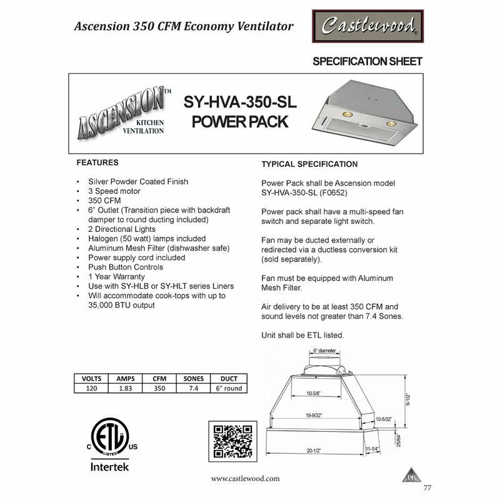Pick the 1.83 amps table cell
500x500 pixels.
[125, 388]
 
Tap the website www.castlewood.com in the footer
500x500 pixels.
[245, 478]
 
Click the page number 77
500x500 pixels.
[427, 488]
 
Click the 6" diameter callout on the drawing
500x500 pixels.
[324, 351]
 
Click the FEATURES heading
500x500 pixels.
[97, 162]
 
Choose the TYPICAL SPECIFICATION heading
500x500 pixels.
[309, 164]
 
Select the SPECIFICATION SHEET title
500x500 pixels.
[367, 61]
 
